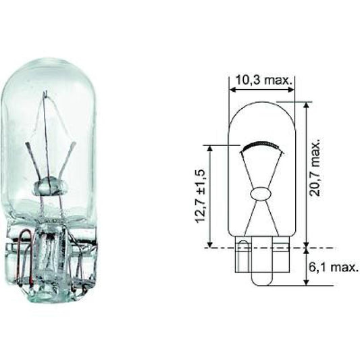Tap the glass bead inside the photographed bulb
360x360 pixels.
(x=48, y=185)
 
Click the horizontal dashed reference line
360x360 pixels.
(x=270, y=247)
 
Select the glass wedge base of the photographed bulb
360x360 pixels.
(x=49, y=260)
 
